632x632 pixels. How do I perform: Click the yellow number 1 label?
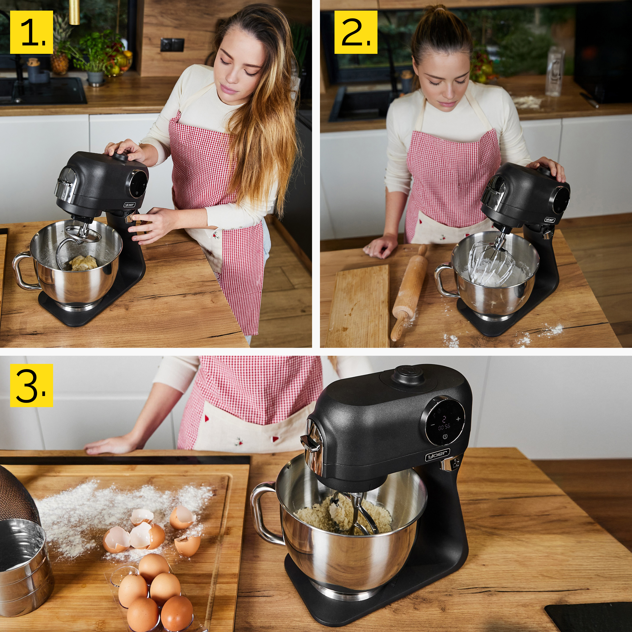pos(31,32)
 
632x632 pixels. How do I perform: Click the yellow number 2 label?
pos(355,32)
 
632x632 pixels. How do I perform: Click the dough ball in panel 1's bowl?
pos(84,262)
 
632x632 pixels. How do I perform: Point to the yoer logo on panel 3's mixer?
pos(437,455)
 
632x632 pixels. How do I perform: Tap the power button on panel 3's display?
pos(445,437)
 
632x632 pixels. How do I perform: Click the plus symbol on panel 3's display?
pos(458,419)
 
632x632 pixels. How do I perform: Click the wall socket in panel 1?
pos(172,45)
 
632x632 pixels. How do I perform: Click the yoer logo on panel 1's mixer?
pos(130,205)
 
